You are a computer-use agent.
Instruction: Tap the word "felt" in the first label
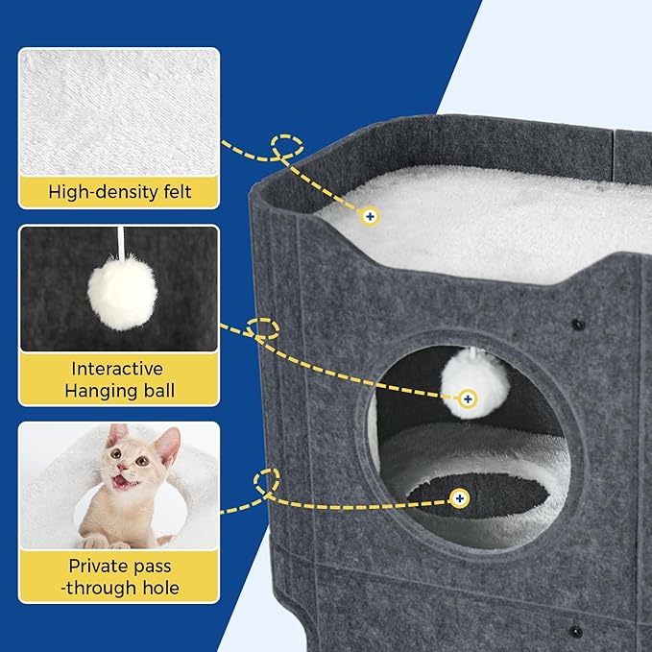pos(176,192)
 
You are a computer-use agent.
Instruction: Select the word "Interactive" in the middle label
pos(118,369)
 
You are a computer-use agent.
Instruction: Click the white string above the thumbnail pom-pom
pos(119,242)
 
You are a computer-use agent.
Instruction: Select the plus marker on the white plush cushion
pos(370,217)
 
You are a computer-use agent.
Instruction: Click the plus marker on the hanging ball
pos(468,398)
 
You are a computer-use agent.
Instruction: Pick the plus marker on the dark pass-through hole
pos(460,497)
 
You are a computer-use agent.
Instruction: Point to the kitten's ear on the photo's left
pos(116,435)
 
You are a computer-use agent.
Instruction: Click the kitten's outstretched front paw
pos(95,542)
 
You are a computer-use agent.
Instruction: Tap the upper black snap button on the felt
pos(577,324)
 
